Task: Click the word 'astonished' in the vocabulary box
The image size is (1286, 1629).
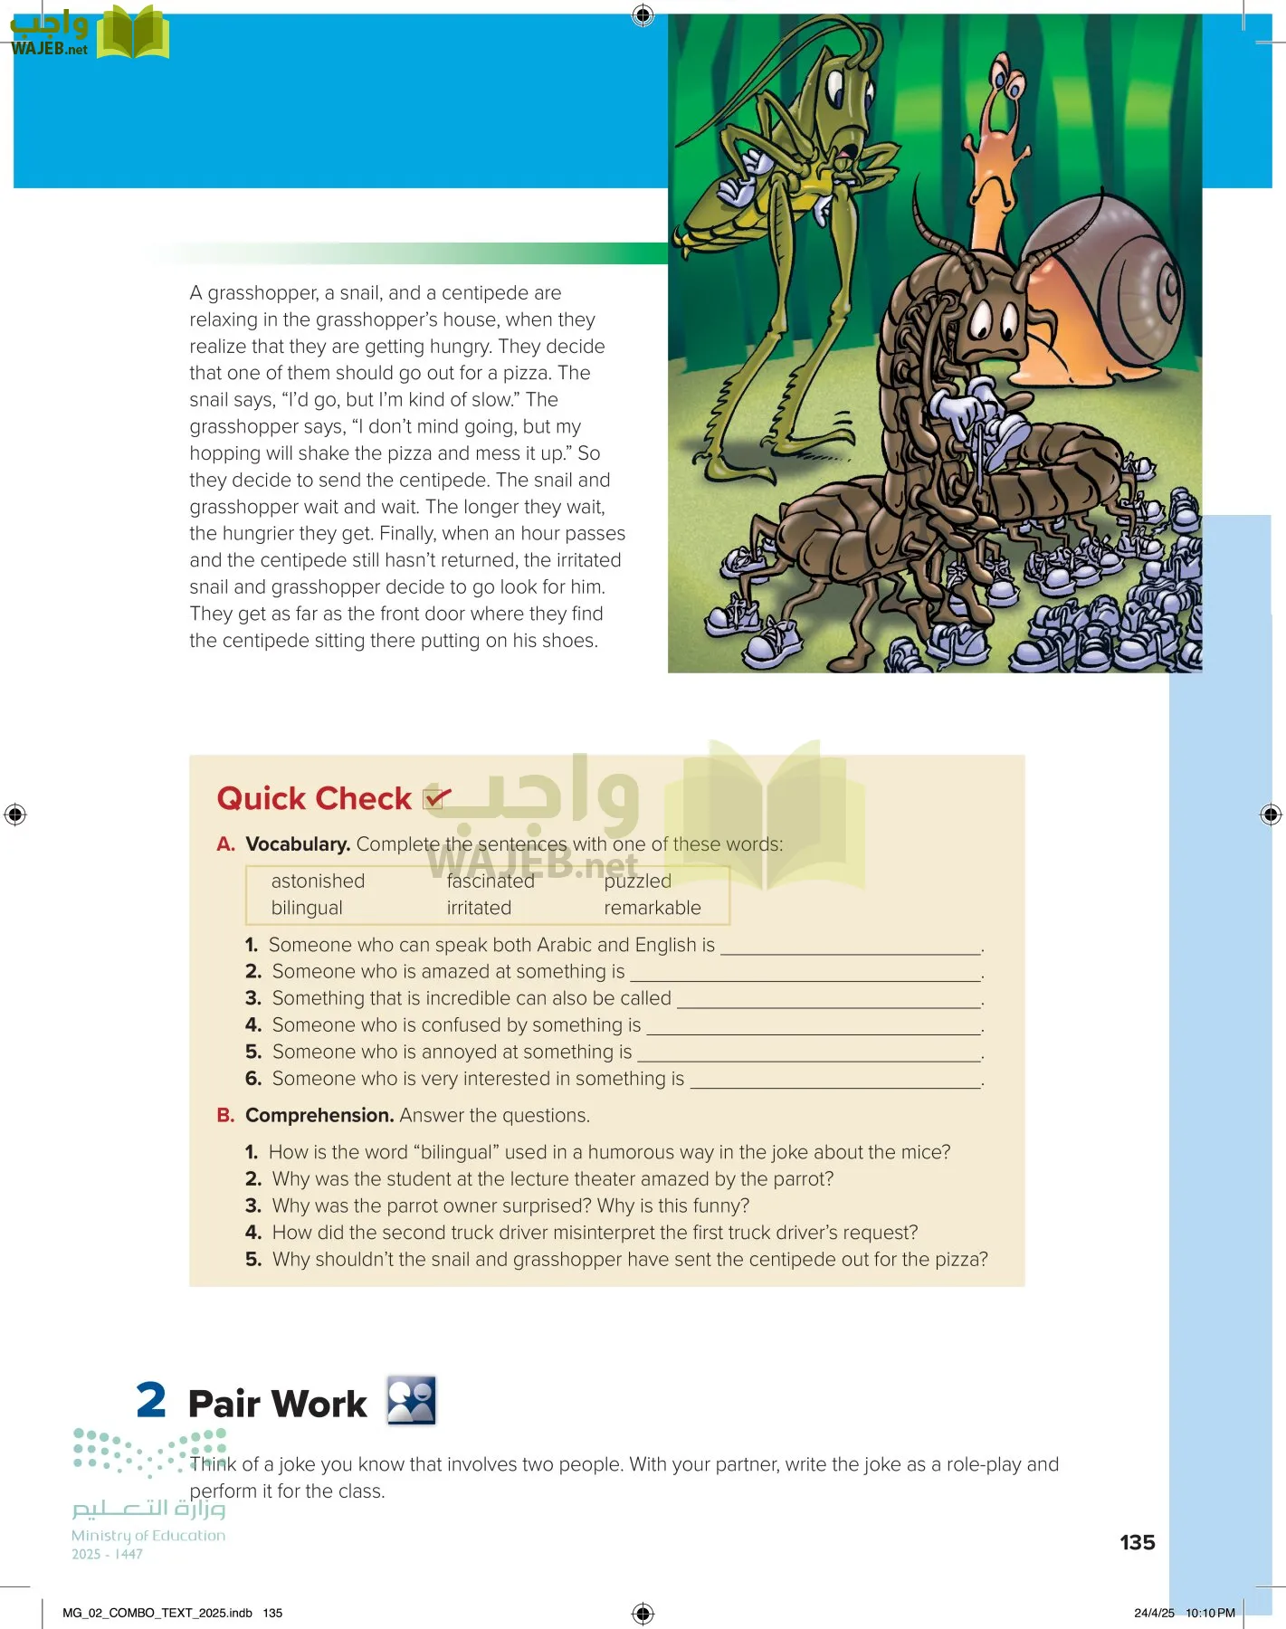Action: pyautogui.click(x=318, y=881)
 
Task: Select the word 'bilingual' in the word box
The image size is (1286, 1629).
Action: pyautogui.click(x=307, y=908)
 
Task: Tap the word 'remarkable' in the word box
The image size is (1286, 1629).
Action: pyautogui.click(x=653, y=908)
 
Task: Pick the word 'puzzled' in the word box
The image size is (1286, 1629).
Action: pyautogui.click(x=638, y=881)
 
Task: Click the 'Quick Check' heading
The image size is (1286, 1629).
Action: pyautogui.click(x=314, y=798)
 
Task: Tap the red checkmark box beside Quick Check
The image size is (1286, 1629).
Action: pyautogui.click(x=436, y=797)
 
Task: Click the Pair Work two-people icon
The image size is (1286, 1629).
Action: pyautogui.click(x=412, y=1400)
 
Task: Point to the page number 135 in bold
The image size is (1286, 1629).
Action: pyautogui.click(x=1137, y=1542)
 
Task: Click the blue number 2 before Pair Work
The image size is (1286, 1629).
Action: pyautogui.click(x=151, y=1400)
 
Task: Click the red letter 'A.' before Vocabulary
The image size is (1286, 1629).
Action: pyautogui.click(x=226, y=844)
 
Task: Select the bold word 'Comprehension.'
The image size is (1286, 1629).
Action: pyautogui.click(x=319, y=1116)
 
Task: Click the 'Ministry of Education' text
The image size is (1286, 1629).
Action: pyautogui.click(x=148, y=1535)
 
